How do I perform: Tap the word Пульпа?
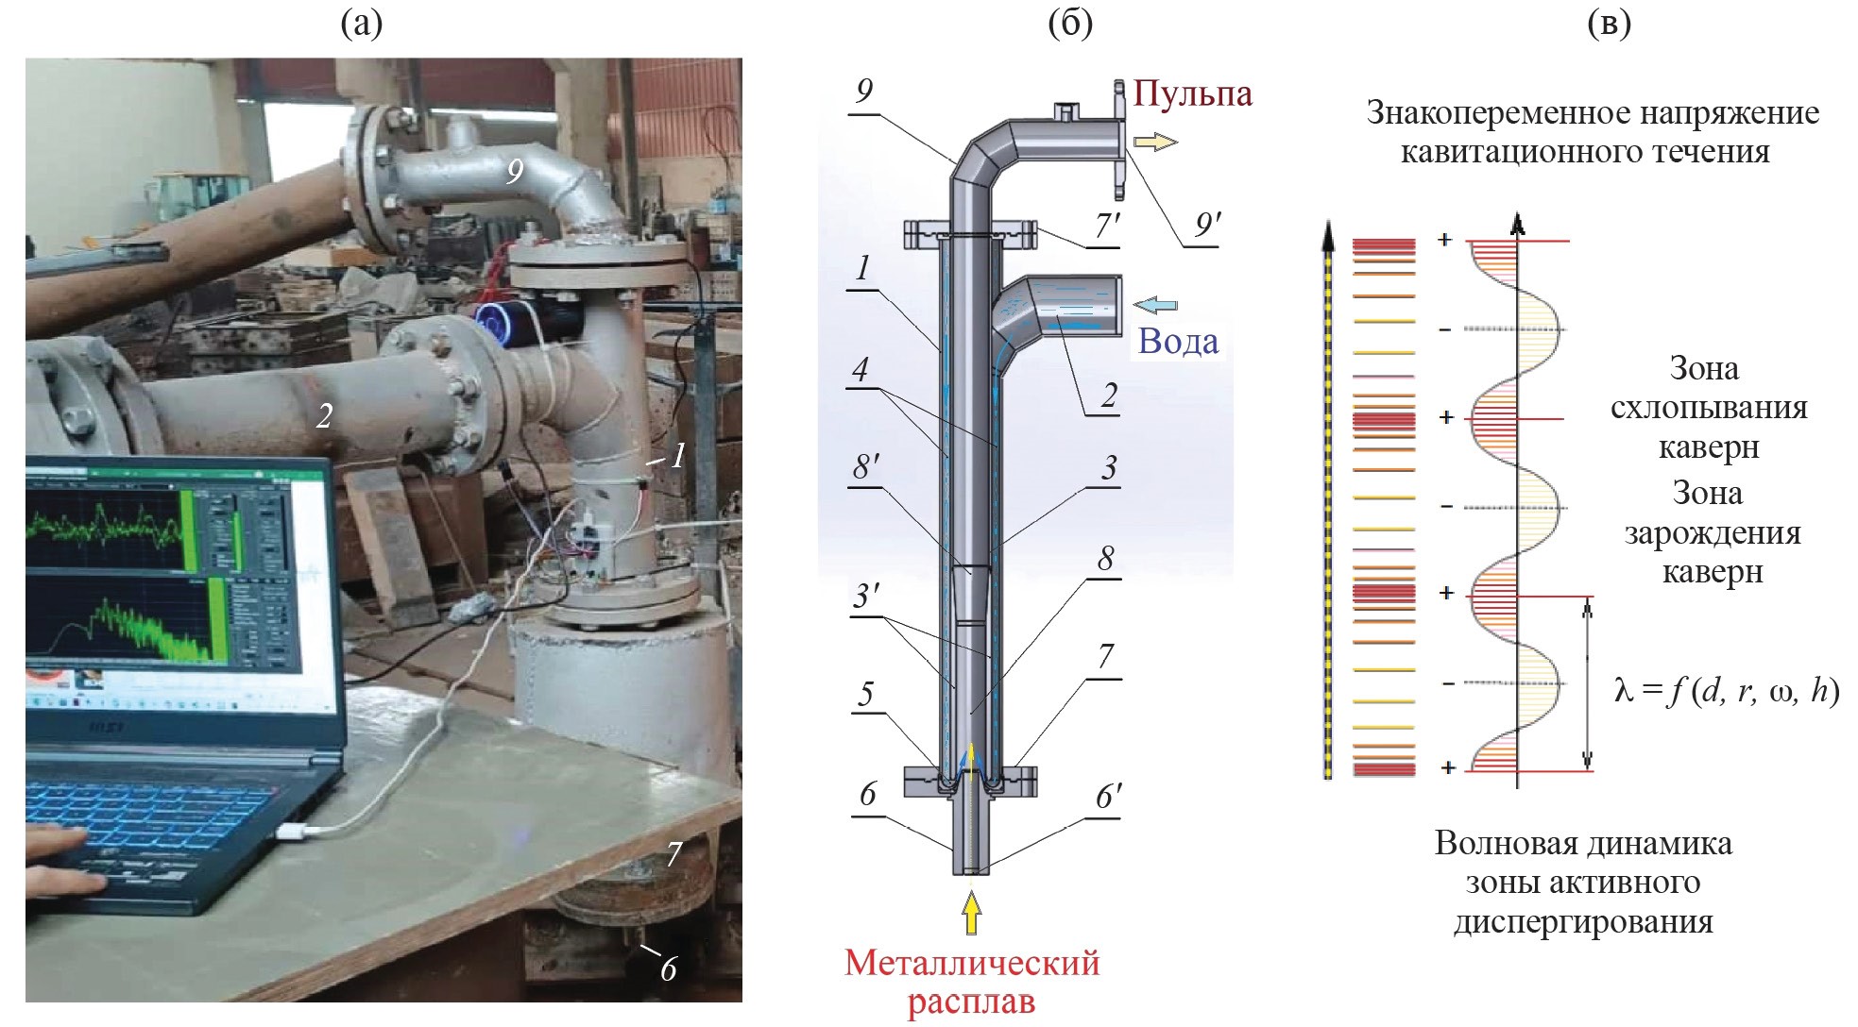click(1192, 93)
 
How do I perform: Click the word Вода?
click(1178, 341)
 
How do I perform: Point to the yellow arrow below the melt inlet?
click(971, 913)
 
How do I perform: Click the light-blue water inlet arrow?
click(1154, 304)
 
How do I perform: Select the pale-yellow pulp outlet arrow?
click(1155, 143)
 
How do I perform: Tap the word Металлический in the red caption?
click(972, 964)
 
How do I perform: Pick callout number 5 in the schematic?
click(865, 696)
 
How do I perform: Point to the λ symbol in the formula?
click(1623, 692)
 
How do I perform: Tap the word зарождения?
click(1712, 533)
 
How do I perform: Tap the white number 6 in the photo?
click(668, 968)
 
